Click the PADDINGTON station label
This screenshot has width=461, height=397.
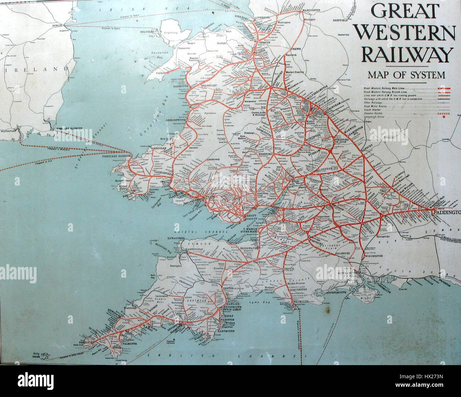click(x=446, y=212)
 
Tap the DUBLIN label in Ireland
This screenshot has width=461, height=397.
click(x=57, y=26)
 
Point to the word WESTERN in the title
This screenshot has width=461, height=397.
click(x=405, y=34)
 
